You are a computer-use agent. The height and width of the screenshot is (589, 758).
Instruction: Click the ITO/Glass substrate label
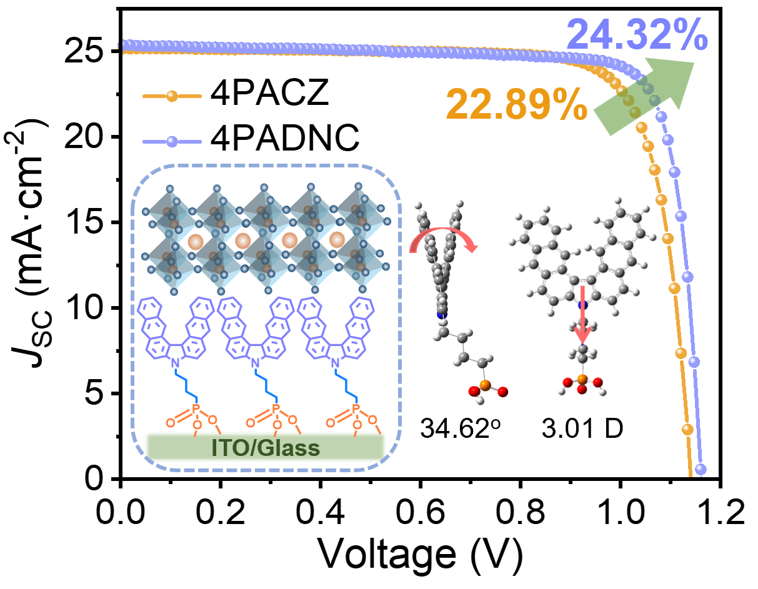[264, 447]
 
